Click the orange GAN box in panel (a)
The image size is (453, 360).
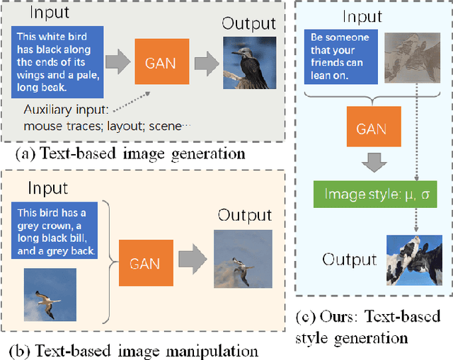[154, 62]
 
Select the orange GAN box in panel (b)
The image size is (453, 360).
[144, 264]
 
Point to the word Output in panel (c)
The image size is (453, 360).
[349, 260]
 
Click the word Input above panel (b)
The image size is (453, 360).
[47, 187]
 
